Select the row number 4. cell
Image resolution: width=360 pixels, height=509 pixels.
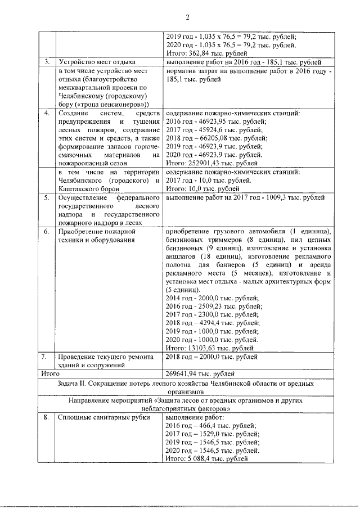click(48, 114)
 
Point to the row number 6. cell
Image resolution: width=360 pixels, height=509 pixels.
click(48, 232)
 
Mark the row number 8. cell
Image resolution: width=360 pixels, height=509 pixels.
click(48, 418)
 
